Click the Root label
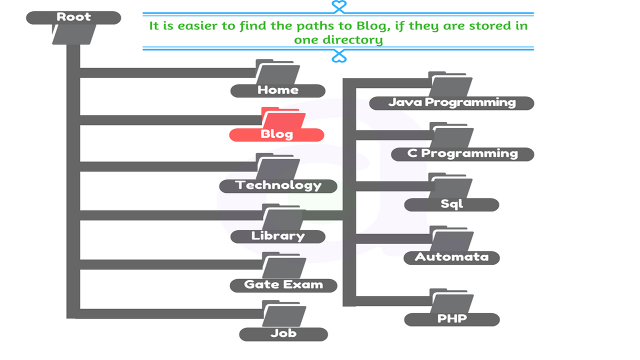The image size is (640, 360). pyautogui.click(x=73, y=17)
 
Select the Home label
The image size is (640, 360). pyautogui.click(x=278, y=90)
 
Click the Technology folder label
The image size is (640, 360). pyautogui.click(x=278, y=185)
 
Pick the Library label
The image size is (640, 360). pyautogui.click(x=278, y=236)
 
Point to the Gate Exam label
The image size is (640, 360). pyautogui.click(x=283, y=285)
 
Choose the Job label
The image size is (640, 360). pyautogui.click(x=283, y=333)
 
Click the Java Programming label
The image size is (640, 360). pyautogui.click(x=451, y=103)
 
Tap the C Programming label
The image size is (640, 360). pyautogui.click(x=462, y=153)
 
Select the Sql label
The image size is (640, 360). pyautogui.click(x=451, y=204)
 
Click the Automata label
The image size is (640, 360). pyautogui.click(x=451, y=257)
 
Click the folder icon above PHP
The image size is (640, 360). pyautogui.click(x=451, y=301)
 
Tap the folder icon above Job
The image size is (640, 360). pyautogui.click(x=283, y=313)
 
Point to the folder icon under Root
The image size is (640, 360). pyautogui.click(x=73, y=34)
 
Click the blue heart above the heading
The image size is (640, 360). pyautogui.click(x=339, y=6)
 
